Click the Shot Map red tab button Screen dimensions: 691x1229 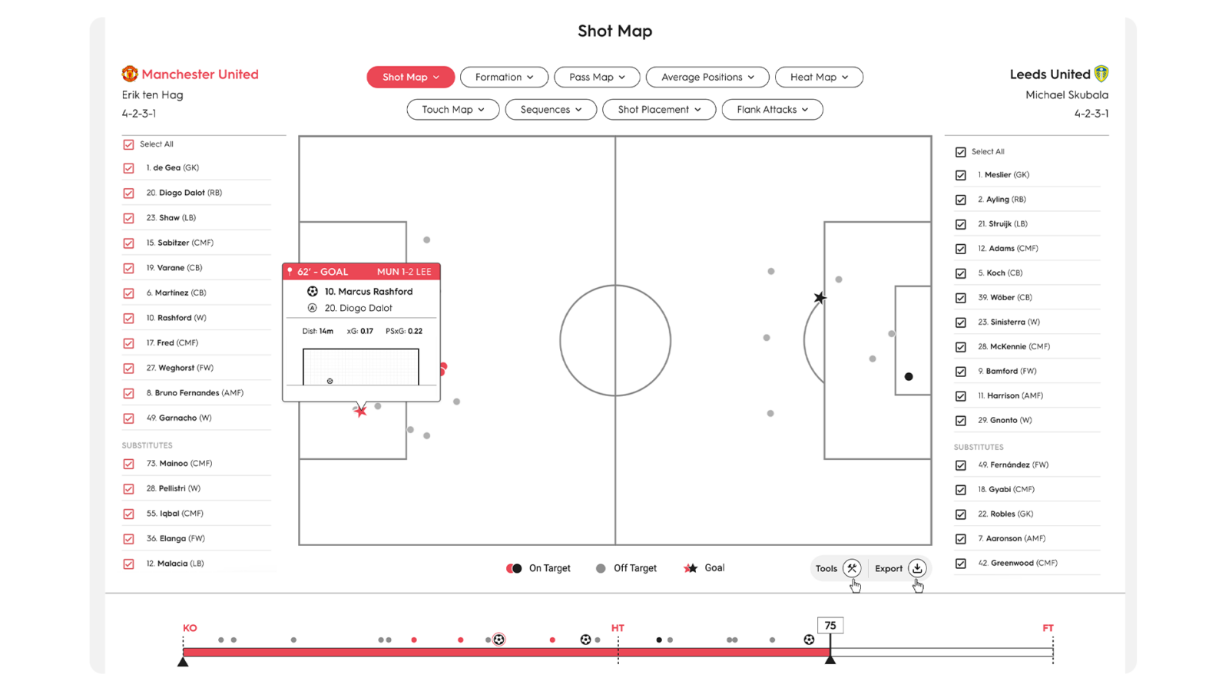(x=411, y=77)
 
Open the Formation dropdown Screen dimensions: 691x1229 (x=504, y=77)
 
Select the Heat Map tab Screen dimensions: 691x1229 (x=819, y=77)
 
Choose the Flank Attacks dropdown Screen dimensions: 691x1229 (x=772, y=110)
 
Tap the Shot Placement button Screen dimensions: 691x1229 (x=659, y=110)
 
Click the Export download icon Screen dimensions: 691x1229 (x=917, y=568)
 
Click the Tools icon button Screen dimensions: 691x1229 (x=852, y=568)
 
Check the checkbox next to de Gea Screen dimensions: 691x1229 (x=128, y=168)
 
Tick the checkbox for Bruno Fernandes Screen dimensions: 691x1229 (x=128, y=393)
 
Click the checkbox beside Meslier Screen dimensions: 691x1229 (x=960, y=175)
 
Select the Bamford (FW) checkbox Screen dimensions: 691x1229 (x=960, y=372)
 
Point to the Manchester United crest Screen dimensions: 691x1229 (x=130, y=74)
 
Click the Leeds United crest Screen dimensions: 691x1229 (x=1101, y=74)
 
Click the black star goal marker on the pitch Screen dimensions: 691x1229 (x=820, y=298)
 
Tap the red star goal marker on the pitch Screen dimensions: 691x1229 (x=360, y=412)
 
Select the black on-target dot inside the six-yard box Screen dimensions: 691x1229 (x=909, y=376)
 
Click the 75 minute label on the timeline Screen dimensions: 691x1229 (x=830, y=626)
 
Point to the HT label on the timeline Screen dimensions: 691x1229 (x=618, y=628)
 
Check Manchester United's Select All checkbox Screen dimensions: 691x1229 (x=128, y=144)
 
